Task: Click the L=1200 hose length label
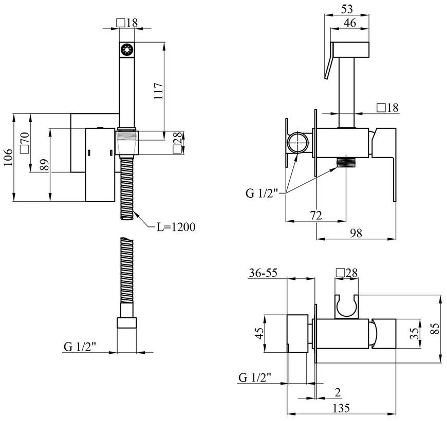click(x=176, y=227)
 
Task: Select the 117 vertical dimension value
click(x=158, y=91)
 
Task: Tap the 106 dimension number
click(x=8, y=157)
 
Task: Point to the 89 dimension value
click(x=45, y=165)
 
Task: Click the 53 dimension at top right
click(x=347, y=9)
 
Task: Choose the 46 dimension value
click(x=350, y=23)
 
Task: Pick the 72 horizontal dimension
click(x=315, y=215)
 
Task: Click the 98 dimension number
click(x=356, y=233)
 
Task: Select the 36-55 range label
click(x=263, y=273)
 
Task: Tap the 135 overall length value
click(x=341, y=408)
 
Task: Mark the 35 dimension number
click(x=414, y=333)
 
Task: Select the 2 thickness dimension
click(x=338, y=393)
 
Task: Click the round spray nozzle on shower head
click(x=126, y=50)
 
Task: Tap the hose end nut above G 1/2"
click(x=127, y=323)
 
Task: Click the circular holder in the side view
click(x=297, y=142)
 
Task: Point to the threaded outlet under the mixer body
click(x=346, y=163)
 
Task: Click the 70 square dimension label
click(x=25, y=142)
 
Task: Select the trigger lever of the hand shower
click(x=329, y=61)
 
